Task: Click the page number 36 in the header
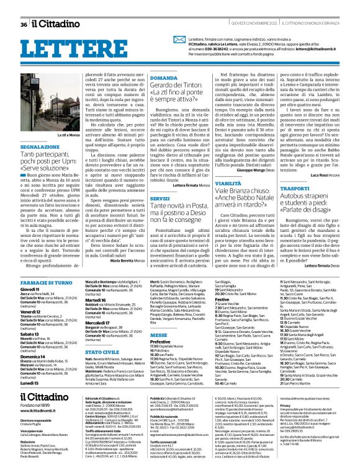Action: [x=24, y=24]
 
